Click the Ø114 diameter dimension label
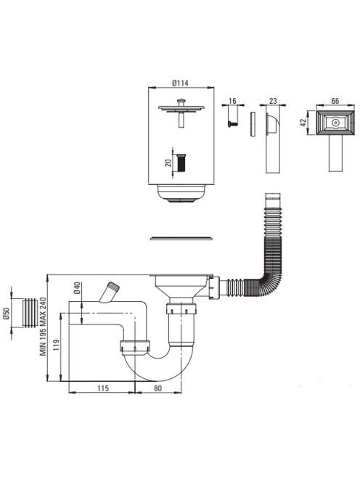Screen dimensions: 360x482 click(x=181, y=83)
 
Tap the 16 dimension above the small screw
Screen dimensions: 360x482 click(x=232, y=101)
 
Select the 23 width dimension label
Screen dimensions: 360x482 click(x=273, y=101)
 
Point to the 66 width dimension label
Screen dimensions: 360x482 click(x=335, y=101)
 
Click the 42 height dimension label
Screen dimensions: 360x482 click(x=303, y=123)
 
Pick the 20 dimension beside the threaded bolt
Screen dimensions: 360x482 click(x=168, y=163)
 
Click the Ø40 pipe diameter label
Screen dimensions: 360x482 click(x=77, y=288)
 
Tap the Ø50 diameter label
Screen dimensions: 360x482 click(x=7, y=314)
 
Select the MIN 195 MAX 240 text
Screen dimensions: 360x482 click(x=43, y=327)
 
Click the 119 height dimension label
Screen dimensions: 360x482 click(x=57, y=348)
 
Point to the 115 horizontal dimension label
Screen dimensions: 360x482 click(x=103, y=388)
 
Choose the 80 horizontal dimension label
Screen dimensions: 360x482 click(x=157, y=388)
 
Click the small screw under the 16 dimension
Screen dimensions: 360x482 click(x=232, y=123)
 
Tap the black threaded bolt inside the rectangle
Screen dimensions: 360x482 click(x=182, y=163)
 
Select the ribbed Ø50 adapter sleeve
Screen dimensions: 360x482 click(x=30, y=313)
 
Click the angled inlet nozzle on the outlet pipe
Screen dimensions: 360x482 click(x=110, y=292)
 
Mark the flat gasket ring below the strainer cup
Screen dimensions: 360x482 click(x=181, y=238)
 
